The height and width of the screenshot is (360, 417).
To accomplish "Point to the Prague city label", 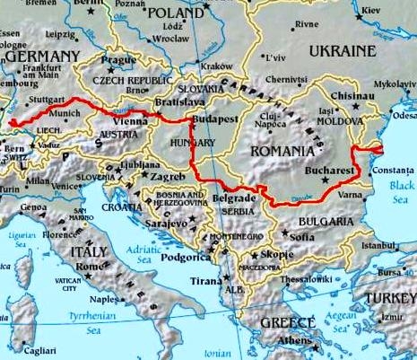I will click(x=119, y=60).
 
